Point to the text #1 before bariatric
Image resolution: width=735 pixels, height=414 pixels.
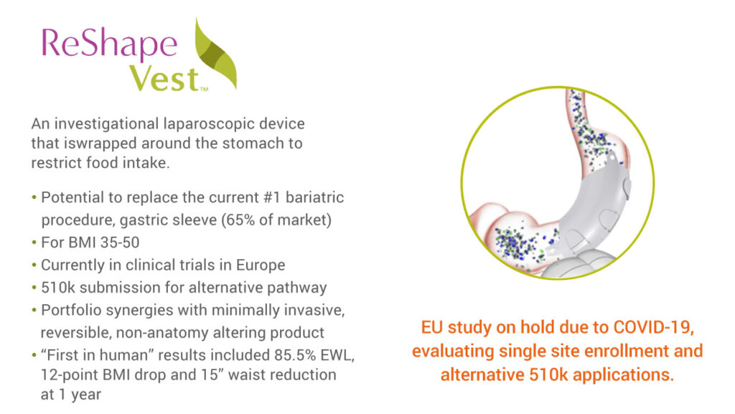[272, 197]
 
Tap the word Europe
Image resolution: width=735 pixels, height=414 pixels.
[261, 265]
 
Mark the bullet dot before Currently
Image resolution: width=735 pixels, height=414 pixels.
[34, 265]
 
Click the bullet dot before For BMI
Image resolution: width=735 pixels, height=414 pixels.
[34, 243]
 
